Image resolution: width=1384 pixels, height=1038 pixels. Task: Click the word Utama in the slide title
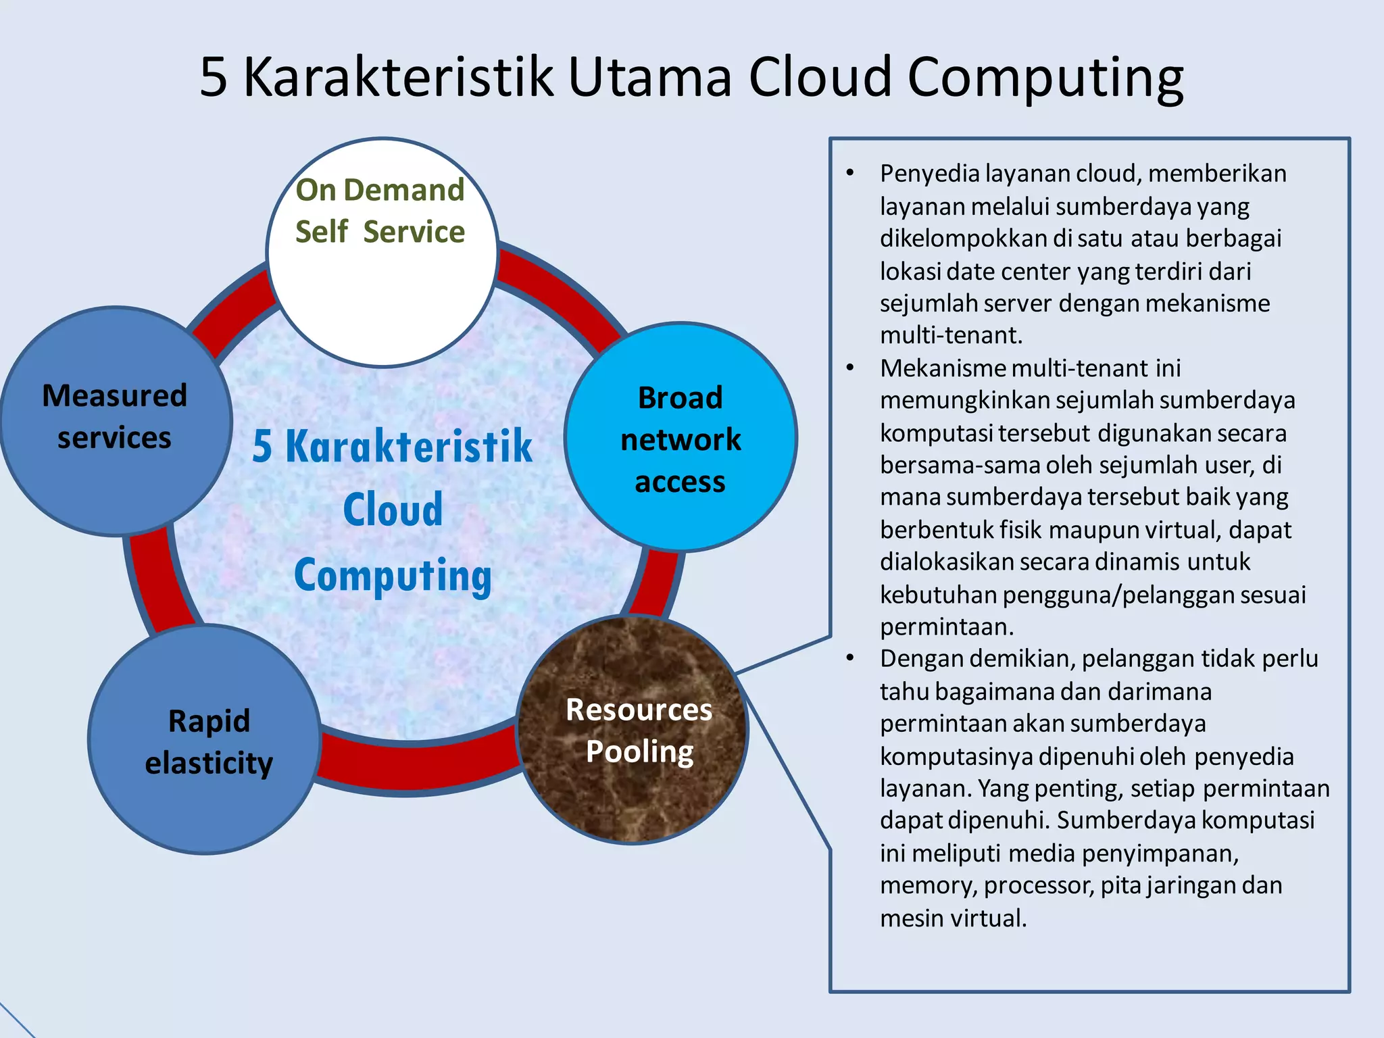tap(649, 77)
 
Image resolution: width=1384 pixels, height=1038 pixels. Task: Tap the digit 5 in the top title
tap(214, 78)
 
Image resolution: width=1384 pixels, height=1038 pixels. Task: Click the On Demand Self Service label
tap(380, 210)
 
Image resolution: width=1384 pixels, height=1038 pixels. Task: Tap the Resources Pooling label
tap(639, 731)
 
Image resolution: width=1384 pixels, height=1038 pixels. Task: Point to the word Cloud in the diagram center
tap(393, 510)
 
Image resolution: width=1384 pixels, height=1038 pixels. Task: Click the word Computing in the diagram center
tap(393, 576)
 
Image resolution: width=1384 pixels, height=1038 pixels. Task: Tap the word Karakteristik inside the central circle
tap(409, 447)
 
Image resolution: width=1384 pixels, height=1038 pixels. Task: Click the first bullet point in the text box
tap(850, 174)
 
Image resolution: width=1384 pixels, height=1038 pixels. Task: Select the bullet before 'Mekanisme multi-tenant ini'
tap(850, 368)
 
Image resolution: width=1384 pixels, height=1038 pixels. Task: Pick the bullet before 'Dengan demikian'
tap(850, 658)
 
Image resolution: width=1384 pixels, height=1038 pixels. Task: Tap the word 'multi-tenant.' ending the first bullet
tap(951, 336)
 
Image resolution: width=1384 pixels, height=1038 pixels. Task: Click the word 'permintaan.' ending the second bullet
tap(946, 627)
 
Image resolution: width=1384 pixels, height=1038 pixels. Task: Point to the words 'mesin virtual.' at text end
tap(953, 918)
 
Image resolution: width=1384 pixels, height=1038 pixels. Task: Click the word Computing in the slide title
tap(1045, 78)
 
